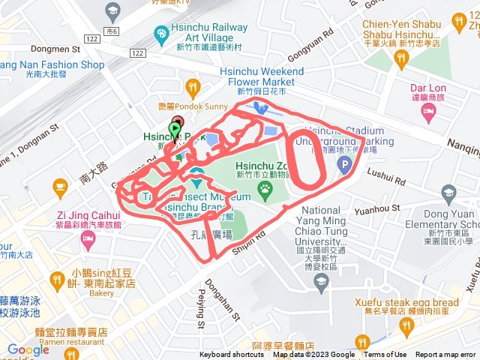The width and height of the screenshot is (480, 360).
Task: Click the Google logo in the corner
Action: (x=28, y=349)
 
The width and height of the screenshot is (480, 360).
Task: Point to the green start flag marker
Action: (x=175, y=132)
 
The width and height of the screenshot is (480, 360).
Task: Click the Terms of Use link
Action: (x=385, y=355)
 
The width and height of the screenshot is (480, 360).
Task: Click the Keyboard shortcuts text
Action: (x=232, y=355)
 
